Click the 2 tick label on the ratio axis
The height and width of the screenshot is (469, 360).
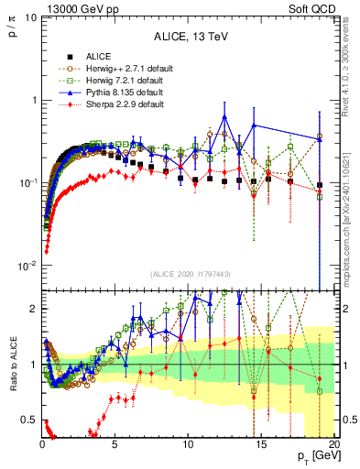coord(35,309)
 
